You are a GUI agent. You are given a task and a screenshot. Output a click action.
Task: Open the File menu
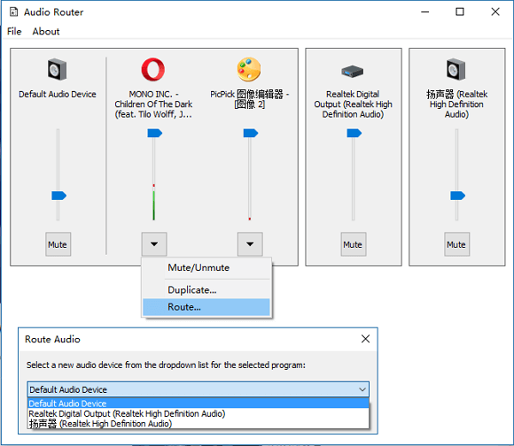tap(14, 31)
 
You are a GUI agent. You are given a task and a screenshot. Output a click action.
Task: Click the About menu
tap(46, 31)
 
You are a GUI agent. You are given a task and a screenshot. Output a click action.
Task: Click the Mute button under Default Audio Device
tap(58, 244)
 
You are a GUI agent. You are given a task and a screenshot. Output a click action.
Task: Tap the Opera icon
tap(153, 69)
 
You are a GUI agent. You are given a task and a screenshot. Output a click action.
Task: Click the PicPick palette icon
tap(249, 69)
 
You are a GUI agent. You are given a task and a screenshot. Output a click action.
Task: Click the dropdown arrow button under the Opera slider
tap(154, 244)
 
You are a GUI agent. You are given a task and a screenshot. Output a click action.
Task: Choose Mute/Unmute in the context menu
tap(199, 267)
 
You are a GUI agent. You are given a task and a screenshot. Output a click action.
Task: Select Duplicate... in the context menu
tap(192, 290)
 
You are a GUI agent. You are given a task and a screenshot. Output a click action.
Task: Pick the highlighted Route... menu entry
tap(206, 307)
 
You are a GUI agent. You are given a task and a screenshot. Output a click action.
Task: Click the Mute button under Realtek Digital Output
tap(354, 244)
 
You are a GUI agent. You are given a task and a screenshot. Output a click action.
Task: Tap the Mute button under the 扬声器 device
tap(457, 244)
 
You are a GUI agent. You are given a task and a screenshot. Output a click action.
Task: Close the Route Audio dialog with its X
tap(365, 339)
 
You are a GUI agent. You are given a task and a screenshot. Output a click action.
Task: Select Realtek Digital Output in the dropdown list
tap(127, 413)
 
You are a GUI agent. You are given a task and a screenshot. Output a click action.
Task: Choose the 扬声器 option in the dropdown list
tap(100, 424)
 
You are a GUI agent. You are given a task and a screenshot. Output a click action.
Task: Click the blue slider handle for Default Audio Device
tap(59, 196)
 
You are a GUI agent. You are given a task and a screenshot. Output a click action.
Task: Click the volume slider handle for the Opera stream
tap(155, 133)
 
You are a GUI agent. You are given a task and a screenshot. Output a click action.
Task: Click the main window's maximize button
tap(460, 12)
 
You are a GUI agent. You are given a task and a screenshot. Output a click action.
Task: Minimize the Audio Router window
tap(425, 12)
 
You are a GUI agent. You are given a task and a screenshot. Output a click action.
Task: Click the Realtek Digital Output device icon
tap(353, 71)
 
